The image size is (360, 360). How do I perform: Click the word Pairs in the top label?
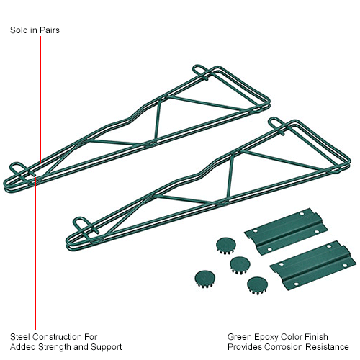coord(50,30)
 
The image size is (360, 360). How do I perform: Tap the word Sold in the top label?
coord(19,30)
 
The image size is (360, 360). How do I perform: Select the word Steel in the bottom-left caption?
coord(21,337)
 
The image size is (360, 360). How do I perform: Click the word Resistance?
coord(328,347)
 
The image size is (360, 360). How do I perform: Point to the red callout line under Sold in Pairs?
coord(41,99)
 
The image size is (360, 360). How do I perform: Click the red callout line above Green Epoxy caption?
coord(307,294)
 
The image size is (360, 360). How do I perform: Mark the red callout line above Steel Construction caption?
coord(35,253)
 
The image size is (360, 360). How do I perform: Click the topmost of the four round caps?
coord(226,246)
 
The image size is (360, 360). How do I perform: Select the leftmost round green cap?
coord(204,279)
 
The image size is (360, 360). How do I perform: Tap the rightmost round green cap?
coord(257,286)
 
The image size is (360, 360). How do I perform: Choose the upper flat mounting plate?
coord(286,231)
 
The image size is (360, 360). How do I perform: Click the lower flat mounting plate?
coord(312,265)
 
